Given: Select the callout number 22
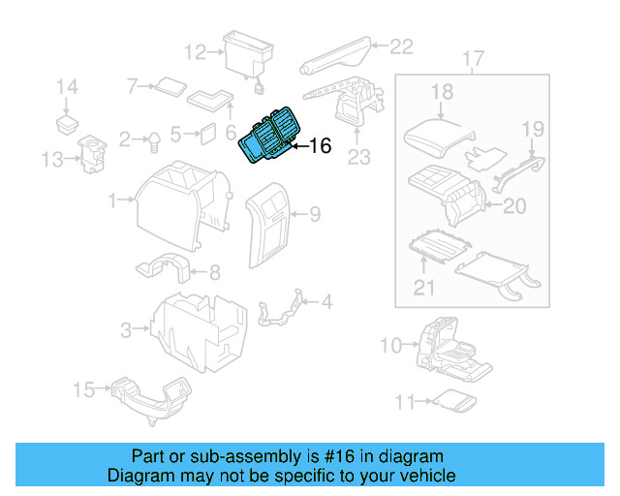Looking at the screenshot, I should click(x=401, y=45).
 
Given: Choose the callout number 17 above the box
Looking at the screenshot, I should click(x=472, y=60).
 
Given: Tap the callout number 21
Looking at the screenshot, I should click(x=424, y=287).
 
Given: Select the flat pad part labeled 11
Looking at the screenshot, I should click(x=450, y=400).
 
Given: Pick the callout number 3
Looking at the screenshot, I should click(x=126, y=331).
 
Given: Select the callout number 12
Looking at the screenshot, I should click(x=196, y=51).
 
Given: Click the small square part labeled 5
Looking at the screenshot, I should click(x=207, y=134).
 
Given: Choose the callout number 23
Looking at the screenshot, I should click(x=359, y=157).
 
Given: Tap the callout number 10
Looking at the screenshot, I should click(x=389, y=344).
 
